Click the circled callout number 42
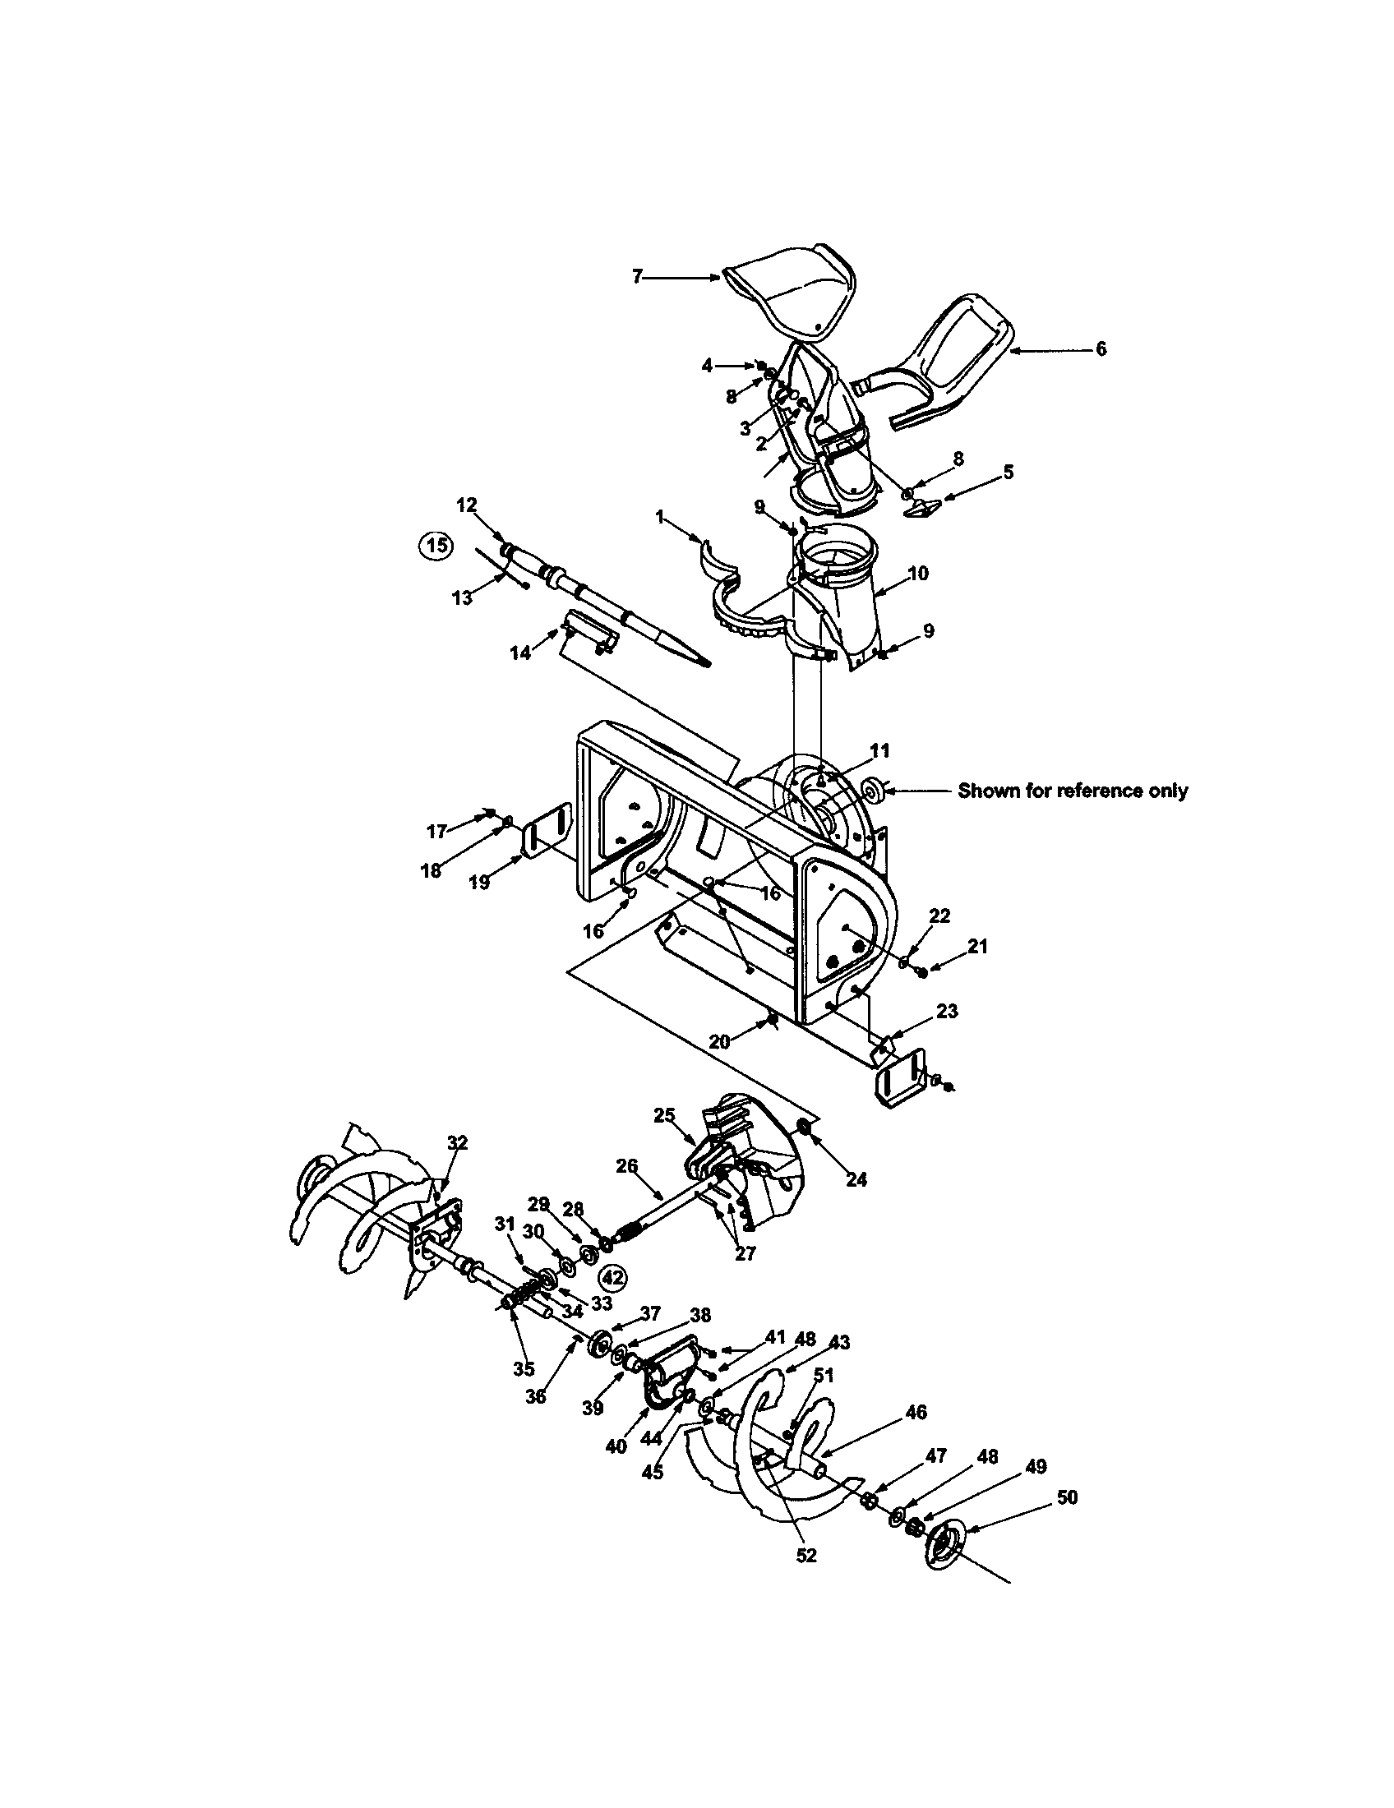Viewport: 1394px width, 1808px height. [x=612, y=1277]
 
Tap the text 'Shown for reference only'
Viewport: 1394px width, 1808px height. [x=1072, y=791]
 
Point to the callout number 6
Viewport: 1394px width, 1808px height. [x=1100, y=350]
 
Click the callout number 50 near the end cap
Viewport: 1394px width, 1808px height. [x=1067, y=1497]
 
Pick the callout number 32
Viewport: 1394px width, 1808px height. [x=457, y=1143]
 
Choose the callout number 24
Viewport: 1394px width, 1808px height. [x=856, y=1180]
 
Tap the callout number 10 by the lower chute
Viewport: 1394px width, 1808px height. [x=917, y=574]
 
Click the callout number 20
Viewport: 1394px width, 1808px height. [x=719, y=1042]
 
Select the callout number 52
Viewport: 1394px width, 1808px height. [x=805, y=1556]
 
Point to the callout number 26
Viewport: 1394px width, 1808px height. [x=626, y=1166]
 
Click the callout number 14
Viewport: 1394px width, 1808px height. [x=519, y=653]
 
